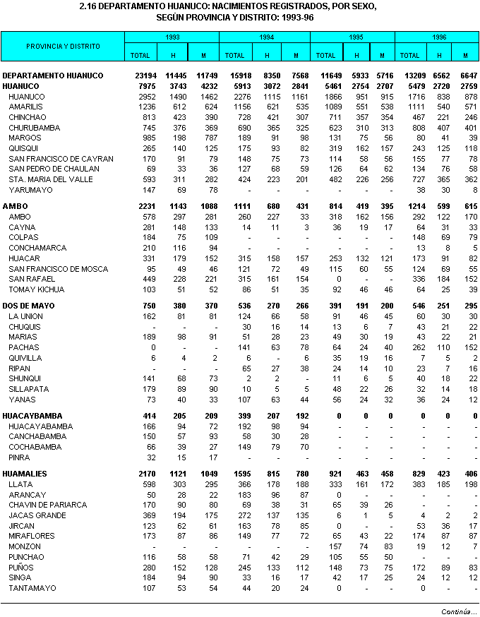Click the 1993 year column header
click(x=172, y=37)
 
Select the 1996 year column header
click(x=438, y=37)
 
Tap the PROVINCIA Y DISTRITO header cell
click(x=63, y=46)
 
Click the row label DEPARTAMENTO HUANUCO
click(x=53, y=76)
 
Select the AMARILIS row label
click(x=27, y=107)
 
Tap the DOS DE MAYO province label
click(x=29, y=306)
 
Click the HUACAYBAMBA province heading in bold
click(x=32, y=416)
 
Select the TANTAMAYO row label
click(x=31, y=588)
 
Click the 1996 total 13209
click(x=409, y=76)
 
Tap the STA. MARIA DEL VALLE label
click(x=51, y=179)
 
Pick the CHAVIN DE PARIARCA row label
click(x=48, y=505)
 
